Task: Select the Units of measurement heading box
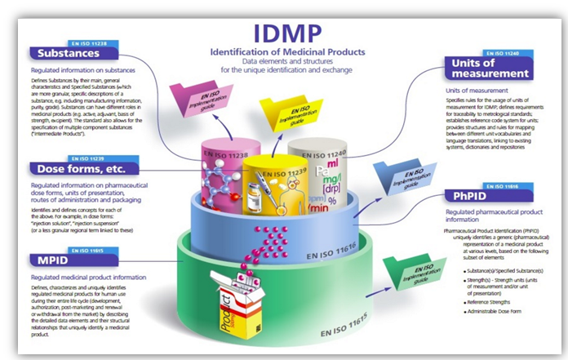coord(490,69)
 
